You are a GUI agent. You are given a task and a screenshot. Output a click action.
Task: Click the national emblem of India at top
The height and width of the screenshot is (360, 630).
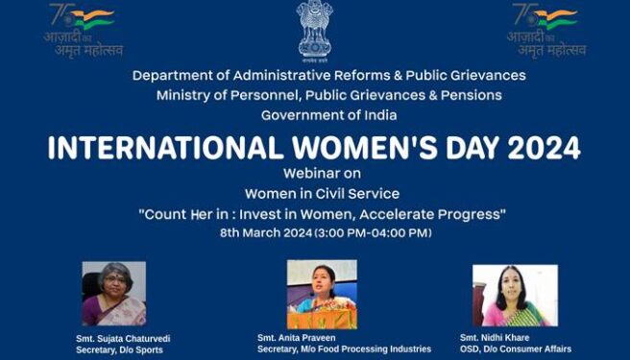tap(314, 30)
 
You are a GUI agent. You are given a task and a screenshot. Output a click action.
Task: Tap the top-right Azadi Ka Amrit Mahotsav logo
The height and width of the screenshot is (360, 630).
tap(545, 30)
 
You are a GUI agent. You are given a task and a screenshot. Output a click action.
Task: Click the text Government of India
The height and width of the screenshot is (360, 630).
tap(315, 115)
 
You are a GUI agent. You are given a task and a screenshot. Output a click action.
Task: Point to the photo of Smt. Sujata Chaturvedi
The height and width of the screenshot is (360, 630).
tap(113, 294)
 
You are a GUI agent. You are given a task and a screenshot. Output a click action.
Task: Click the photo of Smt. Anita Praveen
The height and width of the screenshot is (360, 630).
tap(322, 294)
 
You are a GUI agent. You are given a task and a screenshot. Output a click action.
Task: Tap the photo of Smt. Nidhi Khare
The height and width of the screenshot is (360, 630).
tap(514, 296)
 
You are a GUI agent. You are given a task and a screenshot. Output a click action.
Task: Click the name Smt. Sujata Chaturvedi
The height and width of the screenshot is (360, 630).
tap(123, 339)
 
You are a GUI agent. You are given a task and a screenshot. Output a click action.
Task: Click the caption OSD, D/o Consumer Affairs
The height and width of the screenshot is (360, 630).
tap(515, 350)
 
